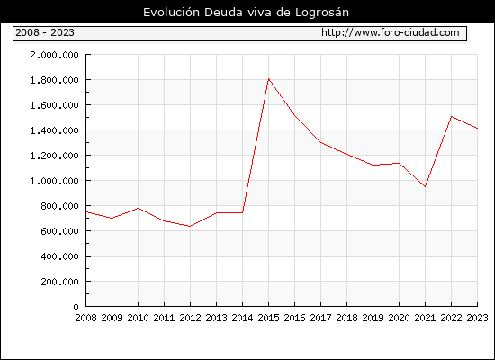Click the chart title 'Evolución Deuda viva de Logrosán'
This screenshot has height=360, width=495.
click(246, 13)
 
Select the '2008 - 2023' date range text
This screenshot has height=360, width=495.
click(45, 32)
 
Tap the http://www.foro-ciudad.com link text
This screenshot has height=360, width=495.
click(391, 32)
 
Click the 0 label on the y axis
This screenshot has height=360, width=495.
click(76, 307)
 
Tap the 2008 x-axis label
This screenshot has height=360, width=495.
click(85, 318)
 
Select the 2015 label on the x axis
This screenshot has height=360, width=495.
click(269, 318)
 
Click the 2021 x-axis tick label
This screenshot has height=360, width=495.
click(425, 318)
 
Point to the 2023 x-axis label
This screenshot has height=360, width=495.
click(477, 318)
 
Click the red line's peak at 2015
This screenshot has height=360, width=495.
click(269, 78)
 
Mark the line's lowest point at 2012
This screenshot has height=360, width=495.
click(190, 226)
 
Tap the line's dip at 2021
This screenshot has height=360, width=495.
click(425, 186)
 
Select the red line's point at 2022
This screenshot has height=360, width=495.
click(452, 116)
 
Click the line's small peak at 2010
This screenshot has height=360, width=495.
click(138, 208)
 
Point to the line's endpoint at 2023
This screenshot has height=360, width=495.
click(477, 129)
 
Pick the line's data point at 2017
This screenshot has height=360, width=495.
click(320, 142)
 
